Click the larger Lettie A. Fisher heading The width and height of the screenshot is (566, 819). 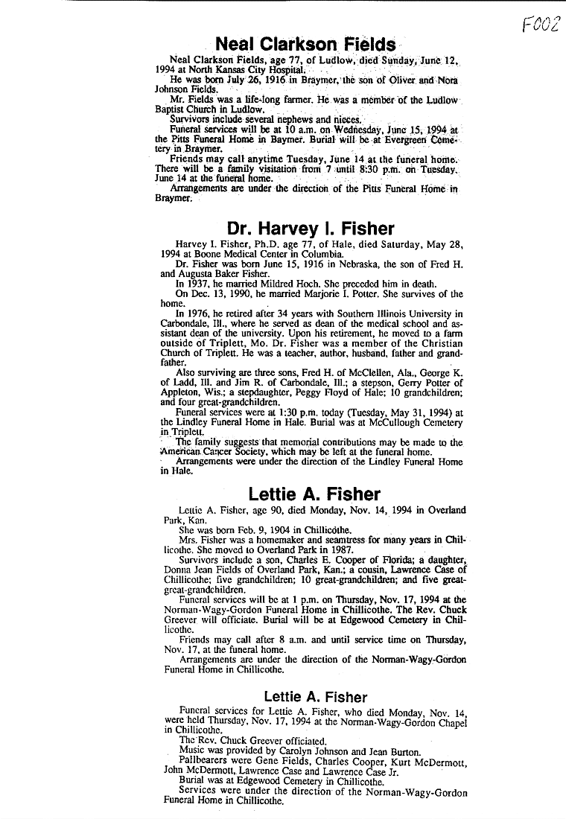314,494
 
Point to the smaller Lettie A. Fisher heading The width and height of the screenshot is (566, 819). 315,698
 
